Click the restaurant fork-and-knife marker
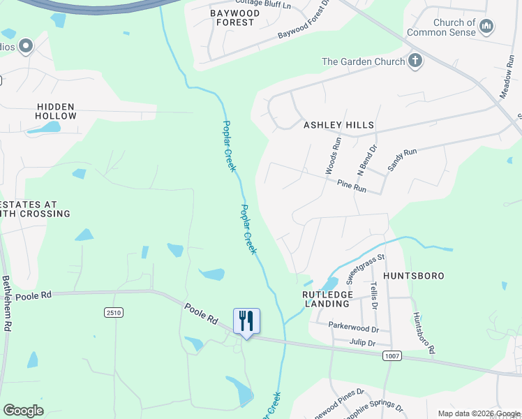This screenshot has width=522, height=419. tap(246, 321)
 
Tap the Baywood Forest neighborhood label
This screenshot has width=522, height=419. tap(234, 17)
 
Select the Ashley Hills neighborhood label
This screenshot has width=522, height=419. tap(338, 125)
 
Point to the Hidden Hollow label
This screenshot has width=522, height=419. tap(57, 111)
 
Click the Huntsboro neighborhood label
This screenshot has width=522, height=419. tap(413, 276)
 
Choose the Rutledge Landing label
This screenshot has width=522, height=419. tap(326, 299)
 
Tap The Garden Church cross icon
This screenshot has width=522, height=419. tap(415, 60)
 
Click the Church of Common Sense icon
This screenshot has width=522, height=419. tap(487, 27)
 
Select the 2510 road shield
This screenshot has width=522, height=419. tap(114, 312)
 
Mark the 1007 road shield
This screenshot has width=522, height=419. tap(391, 355)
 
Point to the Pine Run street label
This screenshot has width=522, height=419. tap(351, 187)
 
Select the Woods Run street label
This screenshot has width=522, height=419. tap(332, 155)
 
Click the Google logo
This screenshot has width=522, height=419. tap(23, 411)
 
